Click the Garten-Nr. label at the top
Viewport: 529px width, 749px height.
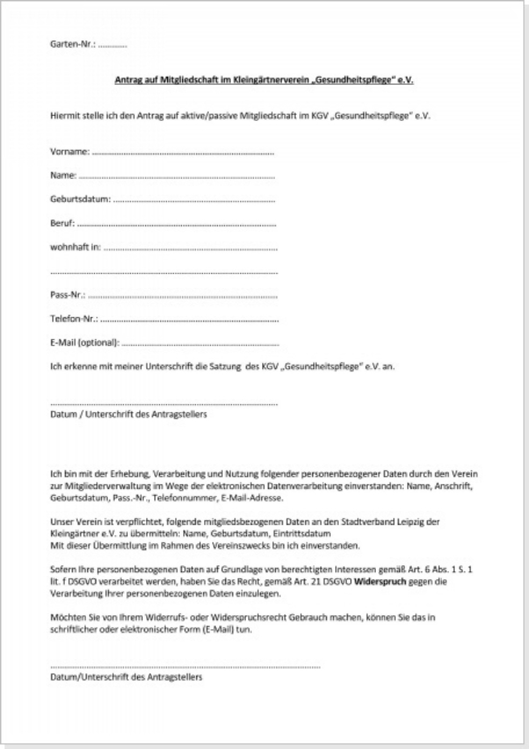coord(73,45)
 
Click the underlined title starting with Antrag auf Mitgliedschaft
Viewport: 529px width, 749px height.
coord(264,80)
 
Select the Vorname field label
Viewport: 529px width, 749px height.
coord(69,152)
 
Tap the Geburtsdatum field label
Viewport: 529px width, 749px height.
coord(80,199)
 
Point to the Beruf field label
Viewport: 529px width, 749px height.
coord(62,223)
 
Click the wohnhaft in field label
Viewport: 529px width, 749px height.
coord(75,248)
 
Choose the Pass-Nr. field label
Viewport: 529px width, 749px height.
coord(68,295)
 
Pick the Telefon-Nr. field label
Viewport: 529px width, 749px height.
coord(74,319)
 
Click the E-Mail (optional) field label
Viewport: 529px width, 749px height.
coord(85,343)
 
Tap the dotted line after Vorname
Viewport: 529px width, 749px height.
coord(183,153)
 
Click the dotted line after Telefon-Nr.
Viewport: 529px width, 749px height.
coord(189,320)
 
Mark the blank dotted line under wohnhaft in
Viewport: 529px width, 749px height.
coord(164,273)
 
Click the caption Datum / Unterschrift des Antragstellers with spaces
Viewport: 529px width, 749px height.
coord(128,415)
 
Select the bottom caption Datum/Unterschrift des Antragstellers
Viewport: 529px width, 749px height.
coord(126,677)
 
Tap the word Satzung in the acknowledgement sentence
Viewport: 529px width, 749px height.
coord(225,367)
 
